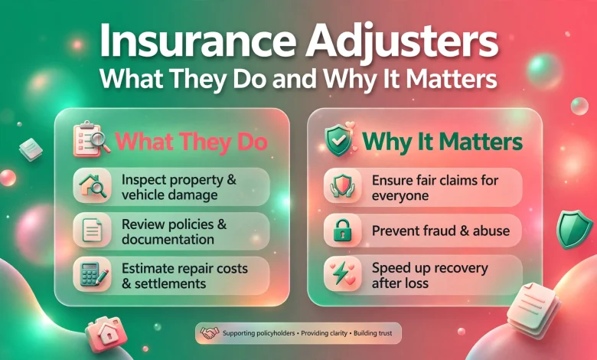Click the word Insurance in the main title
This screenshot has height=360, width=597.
(197, 41)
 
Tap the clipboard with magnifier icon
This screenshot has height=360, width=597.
(91, 139)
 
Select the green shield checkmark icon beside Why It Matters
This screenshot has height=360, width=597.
(339, 139)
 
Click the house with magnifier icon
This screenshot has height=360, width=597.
(93, 186)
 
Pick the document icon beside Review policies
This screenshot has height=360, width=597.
(93, 230)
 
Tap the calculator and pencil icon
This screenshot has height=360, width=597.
(93, 274)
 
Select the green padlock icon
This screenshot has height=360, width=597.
(343, 230)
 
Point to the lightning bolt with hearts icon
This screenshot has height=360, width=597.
(342, 273)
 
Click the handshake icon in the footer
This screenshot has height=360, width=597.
(210, 333)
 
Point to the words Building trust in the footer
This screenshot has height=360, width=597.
(373, 333)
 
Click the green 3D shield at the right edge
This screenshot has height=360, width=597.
(574, 229)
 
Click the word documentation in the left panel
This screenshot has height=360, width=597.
(168, 240)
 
